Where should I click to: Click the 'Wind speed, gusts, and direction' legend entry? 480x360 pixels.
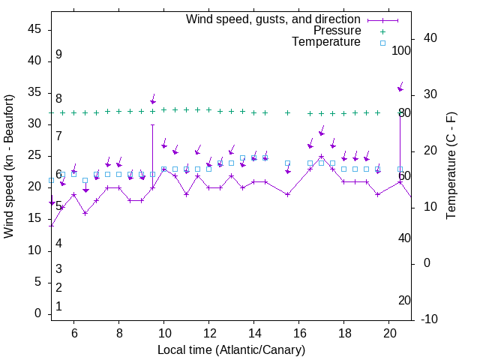[x=274, y=19]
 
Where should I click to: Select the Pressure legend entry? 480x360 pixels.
[x=337, y=31]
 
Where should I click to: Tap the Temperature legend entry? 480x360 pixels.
[x=326, y=43]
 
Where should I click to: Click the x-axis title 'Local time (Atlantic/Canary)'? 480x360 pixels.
[x=231, y=350]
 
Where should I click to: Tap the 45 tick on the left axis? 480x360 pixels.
[x=34, y=29]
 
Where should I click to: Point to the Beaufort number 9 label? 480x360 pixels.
[x=58, y=55]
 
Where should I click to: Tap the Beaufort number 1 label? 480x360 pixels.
[x=58, y=307]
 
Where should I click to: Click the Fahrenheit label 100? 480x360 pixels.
[x=401, y=50]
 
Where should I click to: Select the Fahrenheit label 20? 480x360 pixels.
[x=404, y=300]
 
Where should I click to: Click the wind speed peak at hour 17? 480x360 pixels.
[x=321, y=157]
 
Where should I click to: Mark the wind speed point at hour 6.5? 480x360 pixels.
[x=85, y=213]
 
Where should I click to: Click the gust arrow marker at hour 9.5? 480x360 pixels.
[x=152, y=101]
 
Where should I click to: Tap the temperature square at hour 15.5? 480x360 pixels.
[x=287, y=163]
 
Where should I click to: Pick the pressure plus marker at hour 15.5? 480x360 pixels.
[x=287, y=112]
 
